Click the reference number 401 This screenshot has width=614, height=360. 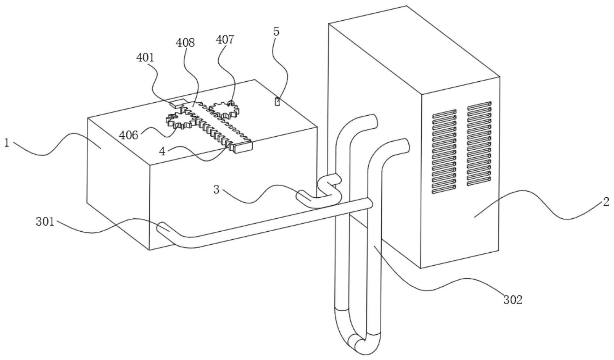click(145, 58)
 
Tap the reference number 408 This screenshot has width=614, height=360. click(185, 43)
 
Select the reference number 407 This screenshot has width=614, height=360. click(225, 40)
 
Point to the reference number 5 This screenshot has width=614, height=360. click(276, 32)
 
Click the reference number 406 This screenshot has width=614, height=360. click(128, 135)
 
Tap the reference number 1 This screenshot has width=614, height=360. click(7, 143)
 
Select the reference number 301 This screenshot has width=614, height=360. click(45, 222)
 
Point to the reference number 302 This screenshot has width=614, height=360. click(513, 300)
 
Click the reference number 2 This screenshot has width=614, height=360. click(606, 202)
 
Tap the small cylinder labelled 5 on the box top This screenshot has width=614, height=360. click(278, 102)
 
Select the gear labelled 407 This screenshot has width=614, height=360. click(224, 110)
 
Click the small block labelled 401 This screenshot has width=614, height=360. click(177, 103)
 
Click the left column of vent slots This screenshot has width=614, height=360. click(444, 151)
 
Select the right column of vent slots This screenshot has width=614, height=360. click(479, 143)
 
